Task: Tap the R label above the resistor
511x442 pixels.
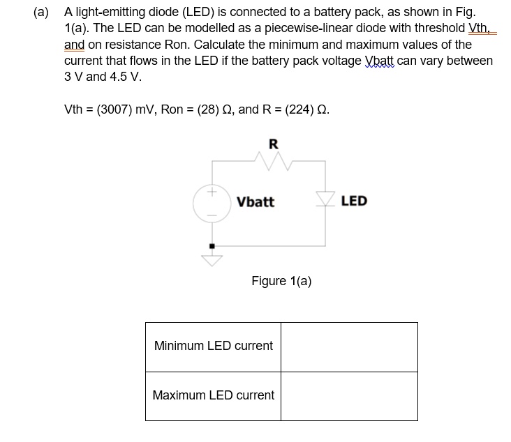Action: coord(273,144)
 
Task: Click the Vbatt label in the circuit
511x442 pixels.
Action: coord(256,202)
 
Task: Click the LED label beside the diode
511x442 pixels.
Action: coord(354,201)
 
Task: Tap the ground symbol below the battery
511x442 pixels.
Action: coord(212,260)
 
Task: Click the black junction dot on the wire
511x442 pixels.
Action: coord(212,245)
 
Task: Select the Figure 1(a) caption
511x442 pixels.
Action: coord(281,281)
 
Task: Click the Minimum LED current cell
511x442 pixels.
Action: coord(213,346)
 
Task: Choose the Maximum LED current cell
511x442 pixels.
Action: coord(213,395)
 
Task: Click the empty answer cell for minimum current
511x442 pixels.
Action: coord(349,346)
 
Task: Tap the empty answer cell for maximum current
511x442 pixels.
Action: coord(349,396)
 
